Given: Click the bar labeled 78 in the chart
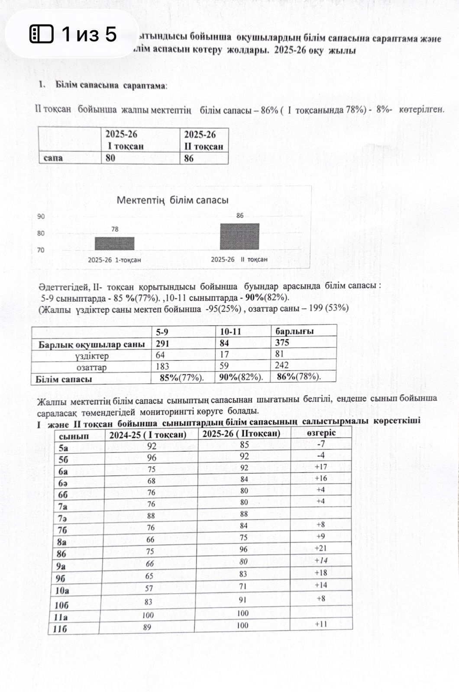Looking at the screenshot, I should click(114, 243).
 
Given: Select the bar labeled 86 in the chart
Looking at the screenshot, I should click(239, 237).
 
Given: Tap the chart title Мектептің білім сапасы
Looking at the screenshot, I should click(172, 200).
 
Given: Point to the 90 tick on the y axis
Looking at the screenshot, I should click(41, 217).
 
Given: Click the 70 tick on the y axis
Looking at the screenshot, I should click(41, 250).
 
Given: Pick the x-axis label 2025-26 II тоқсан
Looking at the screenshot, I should click(239, 259).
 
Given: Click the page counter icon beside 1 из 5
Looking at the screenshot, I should click(41, 34).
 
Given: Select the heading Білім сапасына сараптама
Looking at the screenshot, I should click(110, 85).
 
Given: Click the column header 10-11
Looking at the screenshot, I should click(230, 332).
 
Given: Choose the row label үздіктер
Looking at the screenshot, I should click(91, 356).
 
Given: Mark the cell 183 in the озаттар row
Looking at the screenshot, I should click(162, 366).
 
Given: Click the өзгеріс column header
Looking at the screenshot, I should click(321, 433).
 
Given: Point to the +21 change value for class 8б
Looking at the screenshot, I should click(321, 548).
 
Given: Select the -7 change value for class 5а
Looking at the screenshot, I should click(321, 444).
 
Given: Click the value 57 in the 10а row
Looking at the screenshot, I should click(149, 589).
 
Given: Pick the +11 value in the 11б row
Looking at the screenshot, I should click(321, 624).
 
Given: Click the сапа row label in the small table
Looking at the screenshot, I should click(53, 158).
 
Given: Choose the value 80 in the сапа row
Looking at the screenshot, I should click(110, 158).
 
